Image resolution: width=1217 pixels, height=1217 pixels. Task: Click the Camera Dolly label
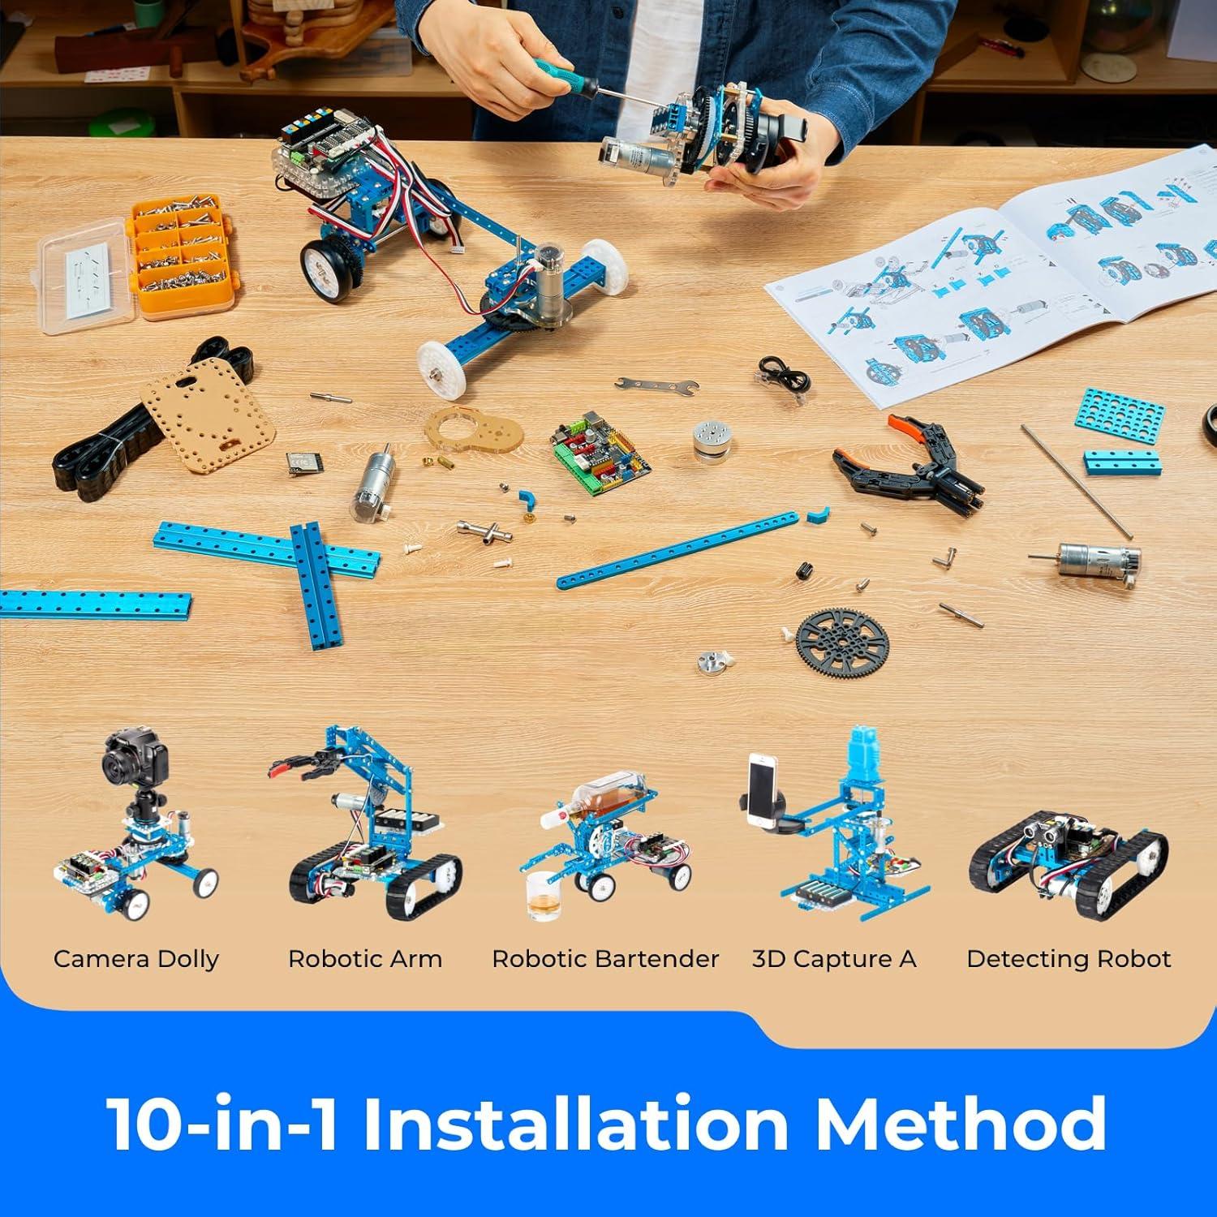136,959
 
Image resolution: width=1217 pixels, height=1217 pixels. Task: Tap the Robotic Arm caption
365,959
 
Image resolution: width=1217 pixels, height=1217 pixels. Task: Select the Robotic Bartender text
605,959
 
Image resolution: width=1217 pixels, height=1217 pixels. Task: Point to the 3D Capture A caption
834,959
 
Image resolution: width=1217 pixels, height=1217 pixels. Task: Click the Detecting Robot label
1069,959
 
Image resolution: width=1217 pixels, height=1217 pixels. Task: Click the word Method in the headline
961,1124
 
